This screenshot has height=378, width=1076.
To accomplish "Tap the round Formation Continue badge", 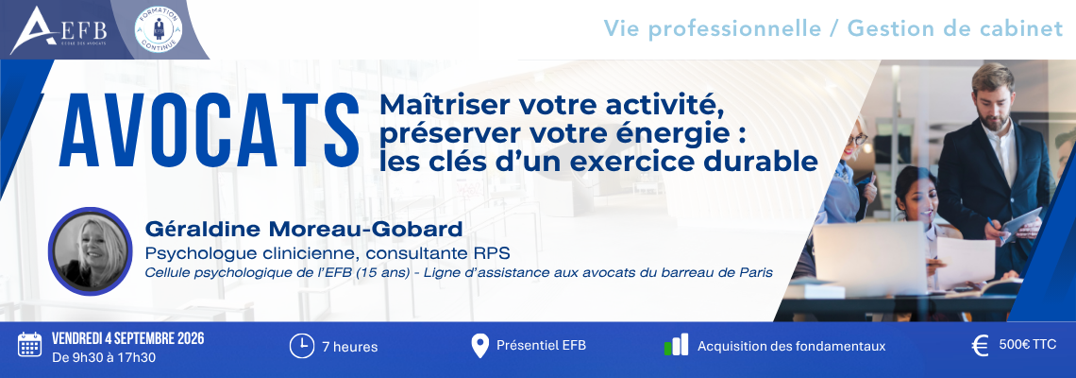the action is pyautogui.click(x=159, y=29).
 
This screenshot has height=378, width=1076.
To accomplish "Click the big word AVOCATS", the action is pyautogui.click(x=210, y=129).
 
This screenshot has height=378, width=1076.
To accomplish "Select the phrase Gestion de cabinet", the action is pyautogui.click(x=955, y=29).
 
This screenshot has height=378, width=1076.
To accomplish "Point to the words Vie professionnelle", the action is pyautogui.click(x=713, y=29).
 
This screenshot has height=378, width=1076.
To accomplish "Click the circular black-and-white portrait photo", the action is pyautogui.click(x=90, y=250).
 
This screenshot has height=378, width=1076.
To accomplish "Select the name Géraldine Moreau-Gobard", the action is pyautogui.click(x=303, y=229).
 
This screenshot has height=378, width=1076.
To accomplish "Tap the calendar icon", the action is pyautogui.click(x=29, y=345).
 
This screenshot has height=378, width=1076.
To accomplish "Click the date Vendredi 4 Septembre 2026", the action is pyautogui.click(x=128, y=339).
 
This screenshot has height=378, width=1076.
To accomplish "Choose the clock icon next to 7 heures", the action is pyautogui.click(x=301, y=346).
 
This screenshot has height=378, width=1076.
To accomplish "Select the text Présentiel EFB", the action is pyautogui.click(x=542, y=346).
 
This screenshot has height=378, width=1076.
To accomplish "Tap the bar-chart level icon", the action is pyautogui.click(x=676, y=345).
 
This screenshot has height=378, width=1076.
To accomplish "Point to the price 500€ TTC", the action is pyautogui.click(x=1027, y=345).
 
